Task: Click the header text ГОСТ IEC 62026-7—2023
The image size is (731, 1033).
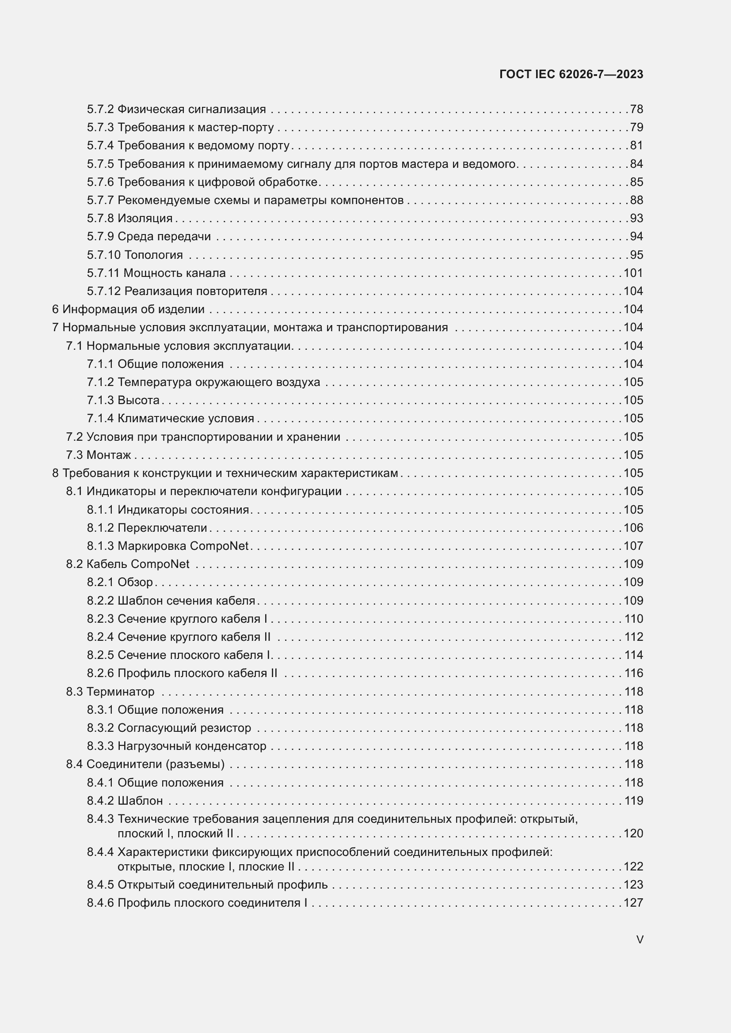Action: pyautogui.click(x=571, y=74)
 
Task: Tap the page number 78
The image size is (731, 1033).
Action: pyautogui.click(x=636, y=110)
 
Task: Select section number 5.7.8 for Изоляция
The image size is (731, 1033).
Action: pyautogui.click(x=100, y=218)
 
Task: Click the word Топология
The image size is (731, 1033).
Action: pyautogui.click(x=153, y=255)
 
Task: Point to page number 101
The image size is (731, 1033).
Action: pyautogui.click(x=633, y=273)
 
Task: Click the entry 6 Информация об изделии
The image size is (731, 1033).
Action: pyautogui.click(x=128, y=310)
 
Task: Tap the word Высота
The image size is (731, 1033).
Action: pyautogui.click(x=139, y=401)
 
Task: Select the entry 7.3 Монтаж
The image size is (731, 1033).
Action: pyautogui.click(x=99, y=455)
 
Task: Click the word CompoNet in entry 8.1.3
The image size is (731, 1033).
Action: pyautogui.click(x=219, y=546)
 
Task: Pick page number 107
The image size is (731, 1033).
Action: pyautogui.click(x=633, y=546)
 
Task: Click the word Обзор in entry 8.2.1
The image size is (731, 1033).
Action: pyautogui.click(x=135, y=582)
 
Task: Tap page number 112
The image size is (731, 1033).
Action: pyautogui.click(x=633, y=637)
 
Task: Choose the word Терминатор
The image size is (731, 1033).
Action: pyautogui.click(x=120, y=692)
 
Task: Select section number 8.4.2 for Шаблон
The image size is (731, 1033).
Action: pyautogui.click(x=100, y=800)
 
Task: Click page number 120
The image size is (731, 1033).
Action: pyautogui.click(x=633, y=833)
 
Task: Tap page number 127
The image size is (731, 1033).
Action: pyautogui.click(x=633, y=903)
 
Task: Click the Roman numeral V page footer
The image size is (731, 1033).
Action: pyautogui.click(x=640, y=939)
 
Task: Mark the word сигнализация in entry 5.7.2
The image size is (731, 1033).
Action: pyautogui.click(x=227, y=110)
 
